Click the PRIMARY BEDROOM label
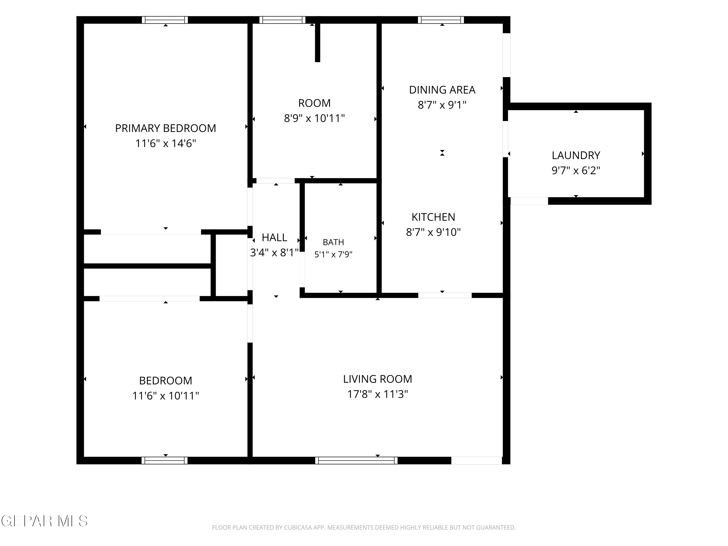point(165,128)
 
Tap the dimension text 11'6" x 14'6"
point(165,143)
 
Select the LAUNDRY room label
point(576,155)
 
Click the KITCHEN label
point(433,217)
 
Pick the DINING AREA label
point(442,90)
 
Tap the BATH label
point(333,242)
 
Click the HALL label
point(274,237)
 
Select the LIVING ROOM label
point(378,379)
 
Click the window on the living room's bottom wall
point(356,460)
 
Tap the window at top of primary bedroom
point(165,20)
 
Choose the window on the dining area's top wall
point(441,20)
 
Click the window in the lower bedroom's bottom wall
point(165,460)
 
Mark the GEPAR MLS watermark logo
point(44,521)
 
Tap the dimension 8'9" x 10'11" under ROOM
point(314,118)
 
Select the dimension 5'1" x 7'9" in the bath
point(333,254)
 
